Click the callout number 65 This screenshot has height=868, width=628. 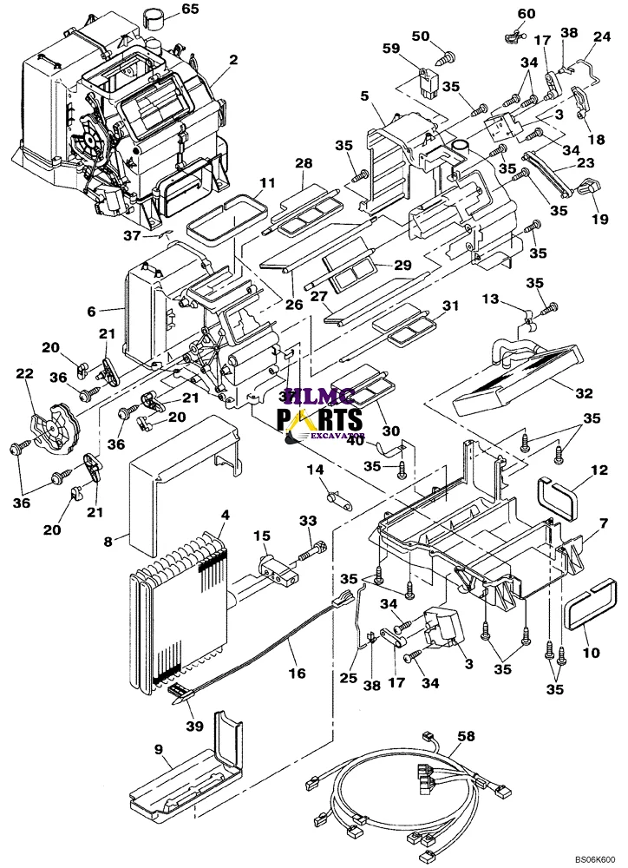pos(190,10)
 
